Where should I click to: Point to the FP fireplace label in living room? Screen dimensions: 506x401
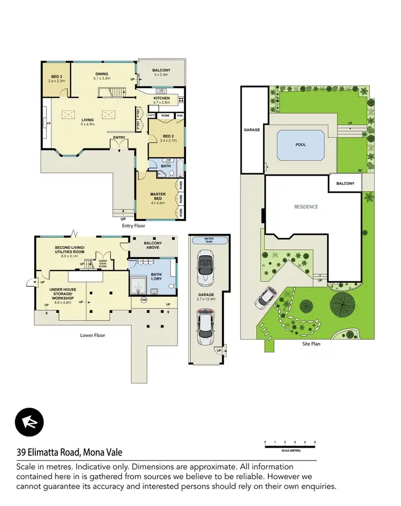[x=48, y=124]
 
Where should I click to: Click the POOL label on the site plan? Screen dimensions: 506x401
[x=301, y=144]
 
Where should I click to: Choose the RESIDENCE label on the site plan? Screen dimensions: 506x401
[x=306, y=206]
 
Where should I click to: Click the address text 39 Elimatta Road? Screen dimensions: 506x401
[x=70, y=453]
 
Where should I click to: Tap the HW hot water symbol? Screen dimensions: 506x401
[x=143, y=300]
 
